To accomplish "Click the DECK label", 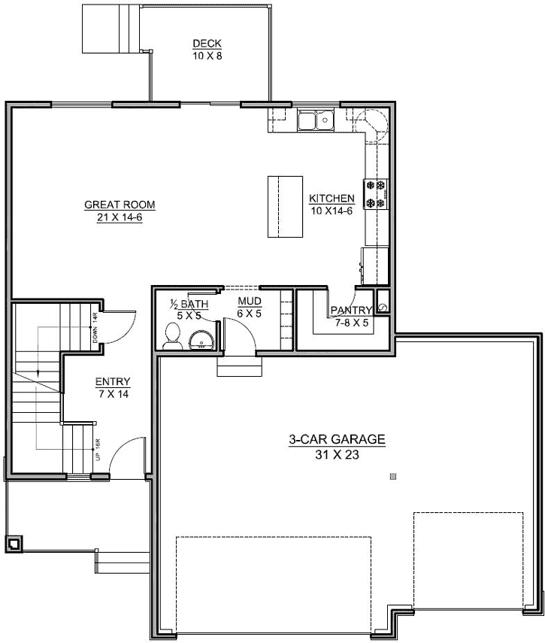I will (x=207, y=44).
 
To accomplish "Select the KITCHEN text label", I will (x=332, y=199).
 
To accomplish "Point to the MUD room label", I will (x=249, y=302).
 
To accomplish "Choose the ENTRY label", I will (x=113, y=381).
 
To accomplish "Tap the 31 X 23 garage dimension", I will (x=338, y=454).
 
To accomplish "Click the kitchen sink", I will (x=316, y=120).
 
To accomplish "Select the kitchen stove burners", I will (x=375, y=193).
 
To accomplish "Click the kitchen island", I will (x=284, y=205).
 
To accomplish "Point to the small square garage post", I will (x=392, y=476).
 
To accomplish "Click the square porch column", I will (x=14, y=543).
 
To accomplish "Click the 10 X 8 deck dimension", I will (x=207, y=55).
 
